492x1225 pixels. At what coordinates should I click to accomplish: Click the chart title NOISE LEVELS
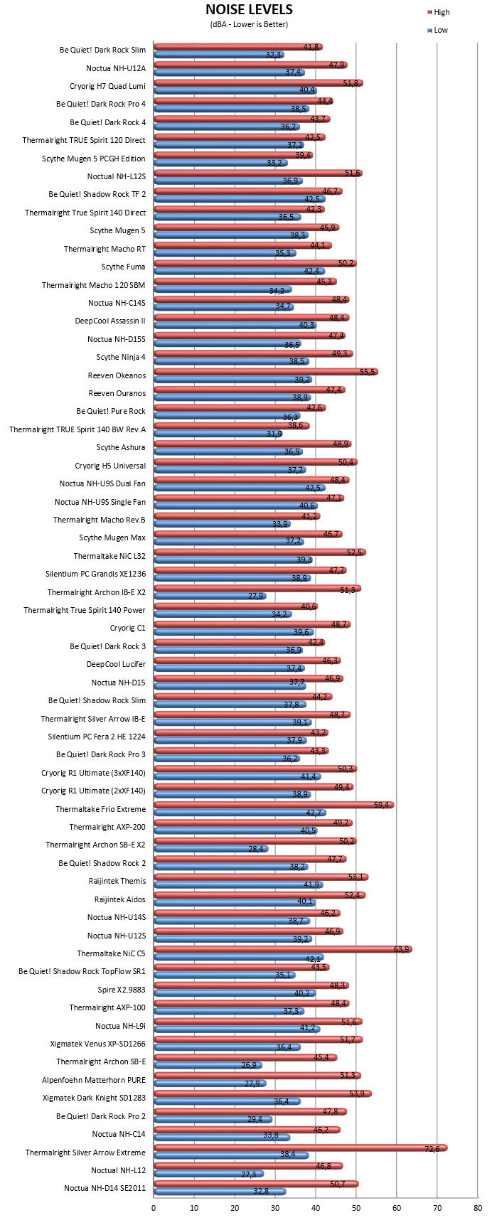pos(249,10)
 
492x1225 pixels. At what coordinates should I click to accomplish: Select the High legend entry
pos(438,12)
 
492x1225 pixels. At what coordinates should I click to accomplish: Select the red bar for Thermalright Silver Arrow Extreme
pos(301,1148)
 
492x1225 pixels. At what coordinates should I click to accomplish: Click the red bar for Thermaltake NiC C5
pos(283,949)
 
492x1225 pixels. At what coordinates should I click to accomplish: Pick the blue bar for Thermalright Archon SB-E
pos(208,1065)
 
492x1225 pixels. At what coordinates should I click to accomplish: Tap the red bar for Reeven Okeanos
pos(266,372)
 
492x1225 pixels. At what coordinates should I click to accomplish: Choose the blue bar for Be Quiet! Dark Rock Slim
pos(219,54)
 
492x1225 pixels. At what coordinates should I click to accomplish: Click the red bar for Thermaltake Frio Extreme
pos(274,805)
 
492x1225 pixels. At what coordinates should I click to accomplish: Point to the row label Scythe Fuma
pos(124,267)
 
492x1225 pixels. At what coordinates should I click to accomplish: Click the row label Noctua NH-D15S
pos(117,339)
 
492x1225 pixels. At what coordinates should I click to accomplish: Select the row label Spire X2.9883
pos(122,989)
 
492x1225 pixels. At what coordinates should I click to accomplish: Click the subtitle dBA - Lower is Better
pos(249,24)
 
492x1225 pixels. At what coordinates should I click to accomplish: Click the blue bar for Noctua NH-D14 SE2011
pos(220,1191)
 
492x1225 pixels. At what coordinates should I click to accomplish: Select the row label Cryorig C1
pos(128,628)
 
